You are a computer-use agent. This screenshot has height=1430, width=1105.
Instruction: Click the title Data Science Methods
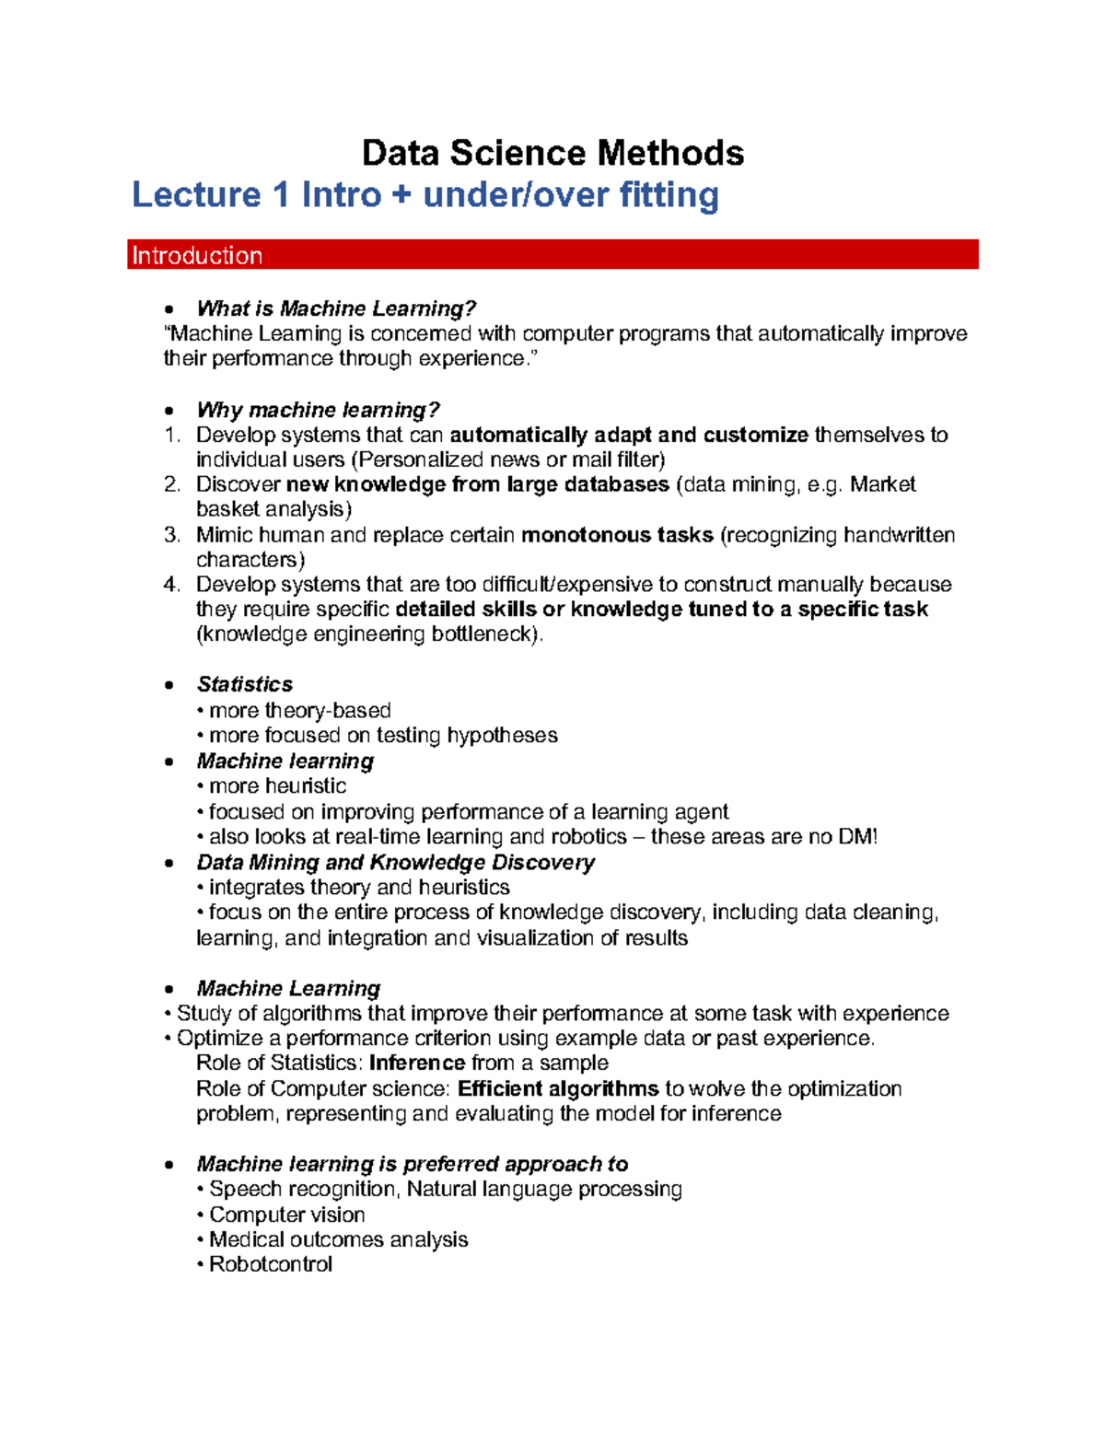[x=552, y=153]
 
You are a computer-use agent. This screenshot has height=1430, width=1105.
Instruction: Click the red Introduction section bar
[x=552, y=255]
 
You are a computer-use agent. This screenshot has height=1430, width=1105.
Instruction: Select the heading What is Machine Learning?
[x=336, y=308]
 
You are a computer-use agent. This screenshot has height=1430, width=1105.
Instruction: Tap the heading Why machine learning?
[x=318, y=410]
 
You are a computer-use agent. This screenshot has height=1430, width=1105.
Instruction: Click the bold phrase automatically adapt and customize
[x=629, y=435]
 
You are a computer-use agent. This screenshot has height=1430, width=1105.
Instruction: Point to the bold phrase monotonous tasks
[x=617, y=535]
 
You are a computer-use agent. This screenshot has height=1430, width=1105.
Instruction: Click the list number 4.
[x=171, y=585]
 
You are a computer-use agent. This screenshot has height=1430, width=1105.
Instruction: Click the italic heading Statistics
[x=245, y=684]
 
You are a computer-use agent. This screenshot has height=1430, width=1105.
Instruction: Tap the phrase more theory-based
[x=300, y=711]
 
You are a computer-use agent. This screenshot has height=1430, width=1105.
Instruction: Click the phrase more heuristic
[x=277, y=786]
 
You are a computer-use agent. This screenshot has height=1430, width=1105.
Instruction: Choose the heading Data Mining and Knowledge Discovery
[x=395, y=863]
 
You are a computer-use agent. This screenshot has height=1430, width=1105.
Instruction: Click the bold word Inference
[x=417, y=1064]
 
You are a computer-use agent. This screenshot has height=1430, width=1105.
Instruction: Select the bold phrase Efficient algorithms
[x=558, y=1089]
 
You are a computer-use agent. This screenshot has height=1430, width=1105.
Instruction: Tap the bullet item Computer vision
[x=286, y=1215]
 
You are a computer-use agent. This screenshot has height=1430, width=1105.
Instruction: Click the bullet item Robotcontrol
[x=270, y=1265]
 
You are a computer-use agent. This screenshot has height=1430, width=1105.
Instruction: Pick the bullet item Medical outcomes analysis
[x=338, y=1240]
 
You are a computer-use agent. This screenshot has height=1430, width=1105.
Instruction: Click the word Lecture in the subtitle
[x=196, y=195]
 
